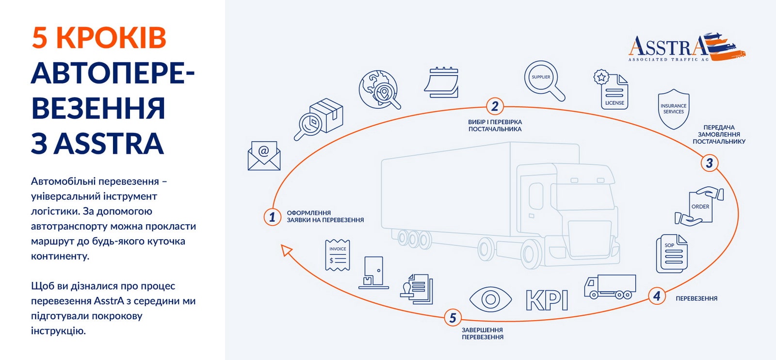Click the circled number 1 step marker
pyautogui.click(x=272, y=217)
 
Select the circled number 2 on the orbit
pyautogui.click(x=495, y=106)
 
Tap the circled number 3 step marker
pyautogui.click(x=709, y=163)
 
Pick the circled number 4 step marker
pyautogui.click(x=657, y=295)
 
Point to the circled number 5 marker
pyautogui.click(x=453, y=318)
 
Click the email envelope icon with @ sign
pyautogui.click(x=264, y=156)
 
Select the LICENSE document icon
pyautogui.click(x=612, y=90)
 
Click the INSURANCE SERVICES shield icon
pyautogui.click(x=673, y=109)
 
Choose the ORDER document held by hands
pyautogui.click(x=699, y=206)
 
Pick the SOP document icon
pyautogui.click(x=672, y=253)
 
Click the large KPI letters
pyautogui.click(x=547, y=300)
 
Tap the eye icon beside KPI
pyautogui.click(x=490, y=299)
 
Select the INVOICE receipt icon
pyautogui.click(x=338, y=255)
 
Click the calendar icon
pyautogui.click(x=442, y=82)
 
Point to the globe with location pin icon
pyautogui.click(x=379, y=90)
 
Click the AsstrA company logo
pyautogui.click(x=686, y=48)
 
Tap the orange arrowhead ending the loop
pyautogui.click(x=286, y=250)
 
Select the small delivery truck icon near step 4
pyautogui.click(x=610, y=286)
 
